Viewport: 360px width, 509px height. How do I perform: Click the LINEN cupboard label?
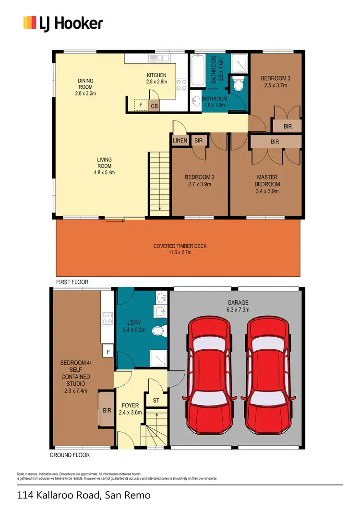[x=180, y=141]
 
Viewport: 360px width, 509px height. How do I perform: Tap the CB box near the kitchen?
[x=155, y=106]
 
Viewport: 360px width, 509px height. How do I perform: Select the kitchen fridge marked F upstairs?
[x=141, y=105]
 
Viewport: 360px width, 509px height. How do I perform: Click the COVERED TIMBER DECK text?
[x=180, y=249]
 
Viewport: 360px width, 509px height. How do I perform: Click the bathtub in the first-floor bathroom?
[x=197, y=71]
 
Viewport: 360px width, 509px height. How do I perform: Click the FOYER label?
[x=131, y=409]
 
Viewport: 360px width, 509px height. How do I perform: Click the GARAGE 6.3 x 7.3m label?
[x=238, y=306]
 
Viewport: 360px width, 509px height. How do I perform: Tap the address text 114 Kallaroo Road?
[x=84, y=495]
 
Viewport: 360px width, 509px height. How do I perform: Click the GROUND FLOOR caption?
[x=70, y=455]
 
